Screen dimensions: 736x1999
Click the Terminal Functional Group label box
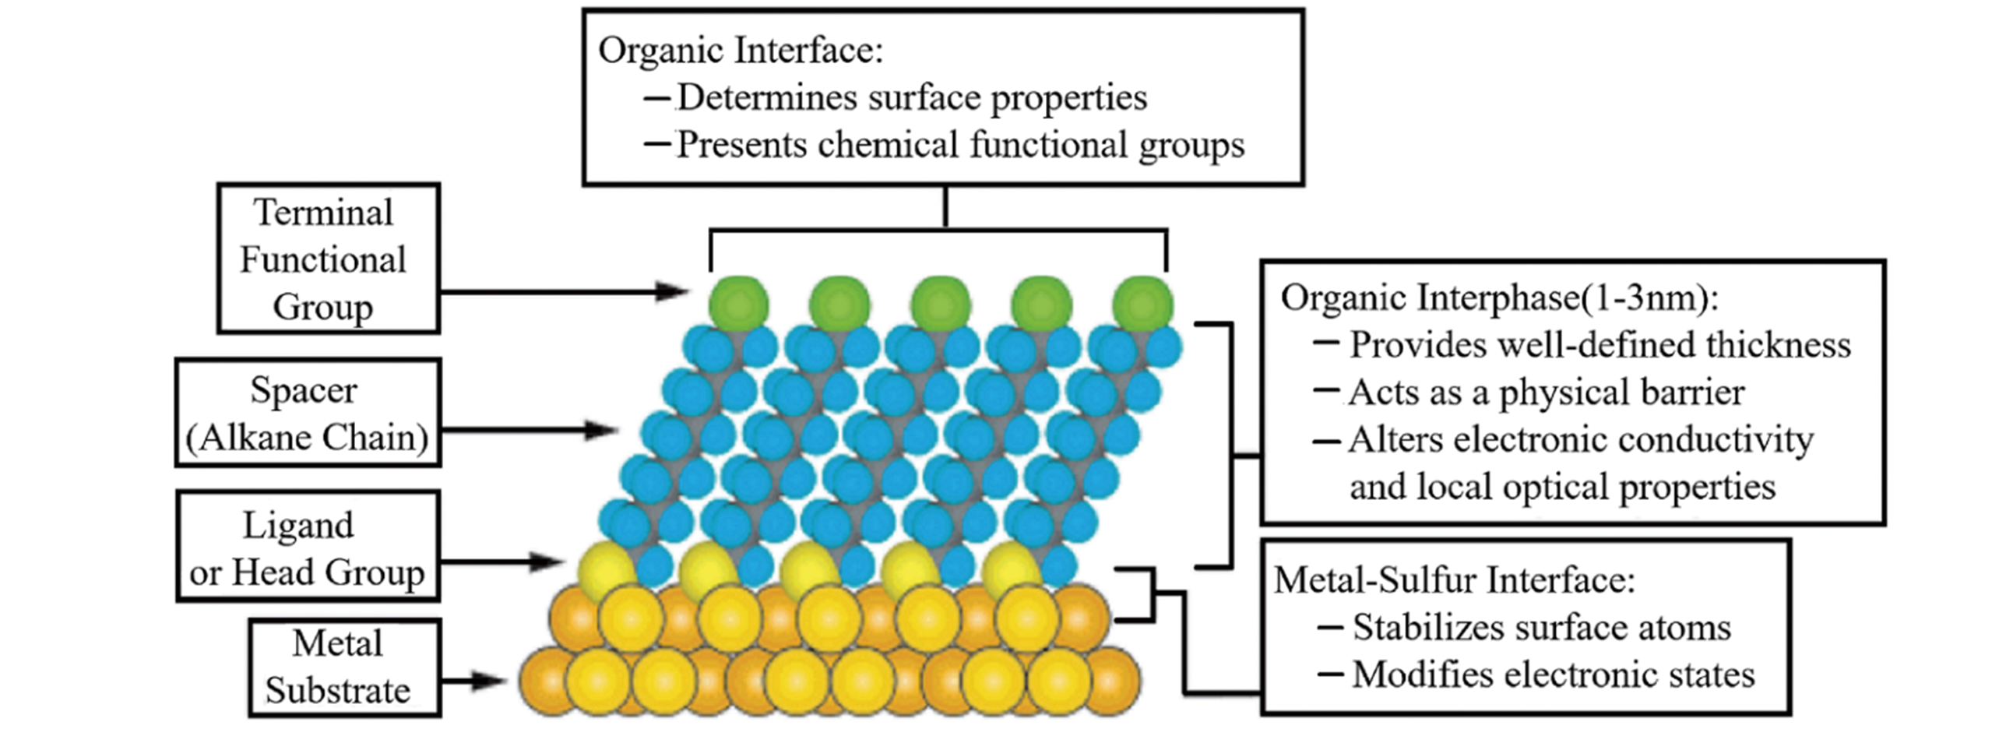(x=328, y=259)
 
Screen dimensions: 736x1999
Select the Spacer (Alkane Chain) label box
(x=308, y=413)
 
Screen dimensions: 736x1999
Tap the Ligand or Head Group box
(x=308, y=547)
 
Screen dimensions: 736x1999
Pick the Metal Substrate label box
(x=344, y=667)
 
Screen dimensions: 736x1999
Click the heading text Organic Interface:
(x=741, y=51)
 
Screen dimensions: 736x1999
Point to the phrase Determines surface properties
(x=911, y=98)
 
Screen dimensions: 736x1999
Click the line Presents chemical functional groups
(x=959, y=146)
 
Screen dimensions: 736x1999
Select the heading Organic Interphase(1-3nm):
(x=1499, y=298)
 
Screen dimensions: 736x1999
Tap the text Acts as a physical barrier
(x=1546, y=393)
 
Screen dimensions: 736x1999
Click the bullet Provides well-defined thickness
(x=1600, y=345)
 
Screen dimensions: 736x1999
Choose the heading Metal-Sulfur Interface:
(x=1454, y=580)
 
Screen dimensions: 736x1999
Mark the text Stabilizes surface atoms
(x=1541, y=628)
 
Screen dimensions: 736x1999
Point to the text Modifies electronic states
(x=1553, y=675)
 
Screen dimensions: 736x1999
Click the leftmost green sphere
(x=738, y=304)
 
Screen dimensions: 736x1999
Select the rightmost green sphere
(x=1142, y=304)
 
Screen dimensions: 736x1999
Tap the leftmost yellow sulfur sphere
(x=605, y=569)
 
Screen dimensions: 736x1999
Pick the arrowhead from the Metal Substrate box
(x=490, y=681)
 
